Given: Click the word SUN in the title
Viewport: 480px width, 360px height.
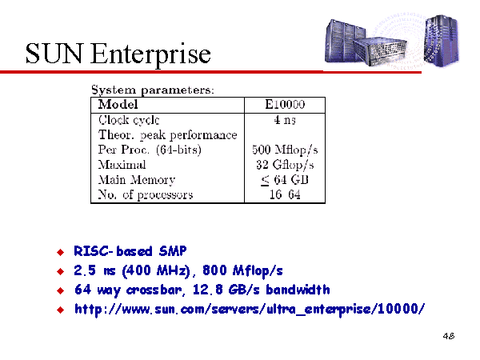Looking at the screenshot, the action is (x=54, y=54).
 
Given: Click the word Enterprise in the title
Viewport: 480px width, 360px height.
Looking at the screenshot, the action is (x=150, y=55).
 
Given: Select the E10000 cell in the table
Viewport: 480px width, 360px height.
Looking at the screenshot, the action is (x=285, y=104).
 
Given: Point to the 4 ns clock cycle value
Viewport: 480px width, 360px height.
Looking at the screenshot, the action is (x=285, y=120).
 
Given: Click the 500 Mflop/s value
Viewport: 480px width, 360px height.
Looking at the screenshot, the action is (x=285, y=150).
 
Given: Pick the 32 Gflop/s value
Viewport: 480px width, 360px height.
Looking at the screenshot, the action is (x=285, y=165).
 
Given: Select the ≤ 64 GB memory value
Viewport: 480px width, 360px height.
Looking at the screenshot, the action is (x=285, y=180).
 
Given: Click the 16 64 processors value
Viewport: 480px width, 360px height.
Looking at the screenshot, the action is (x=285, y=194).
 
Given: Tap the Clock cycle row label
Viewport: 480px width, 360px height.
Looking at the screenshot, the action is (x=129, y=120).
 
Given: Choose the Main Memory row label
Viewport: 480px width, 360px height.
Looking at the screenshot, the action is (x=137, y=180).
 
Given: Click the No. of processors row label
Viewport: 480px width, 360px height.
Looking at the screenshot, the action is (x=146, y=195).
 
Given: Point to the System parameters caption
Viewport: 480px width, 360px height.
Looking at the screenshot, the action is (x=153, y=90).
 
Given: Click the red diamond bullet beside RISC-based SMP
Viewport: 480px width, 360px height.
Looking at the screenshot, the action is (x=61, y=252).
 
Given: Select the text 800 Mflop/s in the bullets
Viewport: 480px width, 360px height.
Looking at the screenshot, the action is (x=242, y=270).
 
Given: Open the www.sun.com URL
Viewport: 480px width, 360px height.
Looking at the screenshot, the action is (x=250, y=309).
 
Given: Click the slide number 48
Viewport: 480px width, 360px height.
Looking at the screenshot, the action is (x=449, y=336).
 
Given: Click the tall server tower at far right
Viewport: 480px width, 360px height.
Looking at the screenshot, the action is (x=442, y=40).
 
